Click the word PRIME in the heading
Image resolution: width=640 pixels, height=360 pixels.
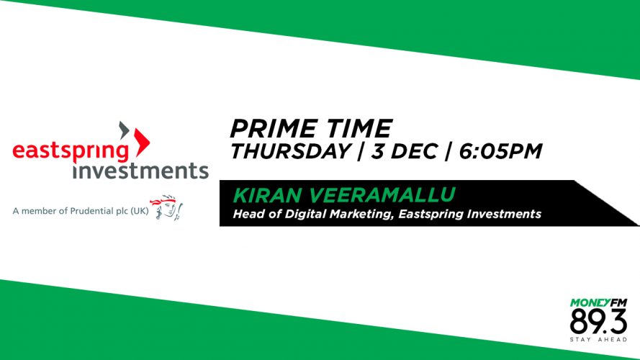(273, 129)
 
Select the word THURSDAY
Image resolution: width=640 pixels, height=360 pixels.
(290, 151)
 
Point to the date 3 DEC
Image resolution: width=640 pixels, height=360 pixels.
(404, 151)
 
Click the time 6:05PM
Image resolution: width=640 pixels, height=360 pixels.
(500, 151)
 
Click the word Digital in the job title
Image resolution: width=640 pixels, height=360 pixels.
(302, 214)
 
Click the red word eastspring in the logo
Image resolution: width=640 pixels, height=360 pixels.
(71, 151)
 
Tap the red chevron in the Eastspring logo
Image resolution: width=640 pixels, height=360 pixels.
(142, 142)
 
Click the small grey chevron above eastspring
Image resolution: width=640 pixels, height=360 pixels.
(124, 130)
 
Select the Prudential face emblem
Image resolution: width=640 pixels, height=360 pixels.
(166, 207)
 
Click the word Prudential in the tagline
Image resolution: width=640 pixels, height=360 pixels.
(92, 211)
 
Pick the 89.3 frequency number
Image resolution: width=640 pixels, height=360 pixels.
(598, 322)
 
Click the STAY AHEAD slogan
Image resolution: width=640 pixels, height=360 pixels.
(598, 340)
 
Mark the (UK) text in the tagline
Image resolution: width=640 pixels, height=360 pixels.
(140, 211)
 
